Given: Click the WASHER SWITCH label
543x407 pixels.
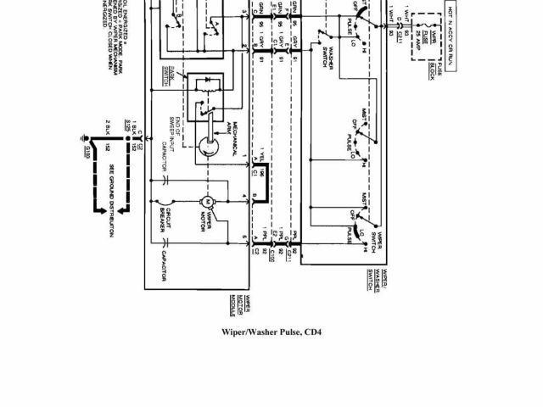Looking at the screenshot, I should pyautogui.click(x=330, y=64).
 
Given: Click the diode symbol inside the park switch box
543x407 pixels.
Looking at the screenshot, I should pyautogui.click(x=204, y=86).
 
